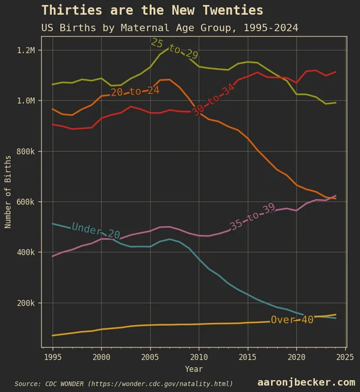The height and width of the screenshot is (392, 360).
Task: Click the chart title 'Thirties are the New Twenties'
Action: pyautogui.click(x=152, y=10)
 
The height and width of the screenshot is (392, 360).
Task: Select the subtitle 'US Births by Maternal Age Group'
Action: pyautogui.click(x=169, y=28)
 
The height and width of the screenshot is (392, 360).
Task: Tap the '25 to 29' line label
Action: pyautogui.click(x=174, y=50)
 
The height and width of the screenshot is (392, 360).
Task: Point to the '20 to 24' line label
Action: pyautogui.click(x=135, y=91)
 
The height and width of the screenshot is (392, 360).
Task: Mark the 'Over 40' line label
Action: pyautogui.click(x=292, y=320)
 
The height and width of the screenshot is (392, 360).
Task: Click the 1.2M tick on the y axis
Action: pyautogui.click(x=26, y=50)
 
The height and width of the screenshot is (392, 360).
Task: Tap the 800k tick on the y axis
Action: pyautogui.click(x=26, y=152)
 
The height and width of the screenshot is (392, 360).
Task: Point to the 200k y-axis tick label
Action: pyautogui.click(x=26, y=303)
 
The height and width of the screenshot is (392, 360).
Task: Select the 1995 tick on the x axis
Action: pyautogui.click(x=53, y=357)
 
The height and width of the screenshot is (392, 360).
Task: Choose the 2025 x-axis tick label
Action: pyautogui.click(x=345, y=357)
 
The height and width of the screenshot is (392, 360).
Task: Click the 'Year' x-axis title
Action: pyautogui.click(x=194, y=369)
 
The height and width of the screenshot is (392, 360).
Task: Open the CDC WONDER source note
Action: pyautogui.click(x=124, y=384)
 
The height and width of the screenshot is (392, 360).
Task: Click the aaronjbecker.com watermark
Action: pyautogui.click(x=306, y=382)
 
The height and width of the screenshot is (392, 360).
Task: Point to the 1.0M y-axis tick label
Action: pyautogui.click(x=26, y=101)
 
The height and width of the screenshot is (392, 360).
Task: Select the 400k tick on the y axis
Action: pyautogui.click(x=26, y=252)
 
